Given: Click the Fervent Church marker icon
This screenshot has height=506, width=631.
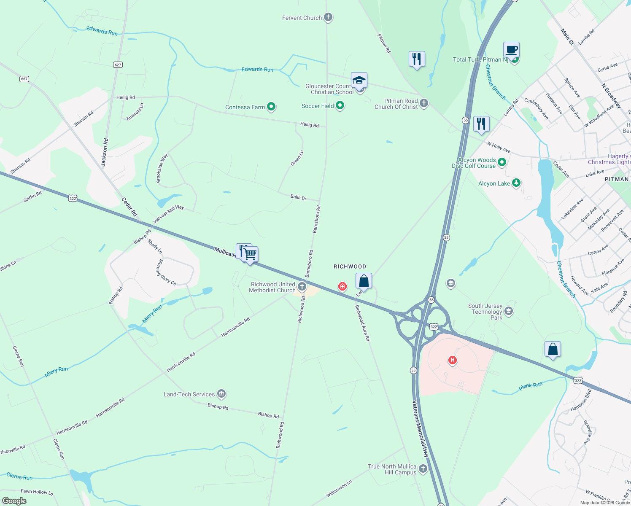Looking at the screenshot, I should point(328,18).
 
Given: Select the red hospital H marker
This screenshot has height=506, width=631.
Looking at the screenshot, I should point(453,360).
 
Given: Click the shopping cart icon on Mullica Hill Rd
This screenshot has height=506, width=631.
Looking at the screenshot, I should point(250,254).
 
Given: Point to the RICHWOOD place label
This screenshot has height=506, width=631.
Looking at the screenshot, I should point(350,266).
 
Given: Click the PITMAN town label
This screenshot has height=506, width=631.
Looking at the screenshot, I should point(617,179).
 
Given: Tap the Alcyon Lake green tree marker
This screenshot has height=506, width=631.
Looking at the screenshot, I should point(516,183).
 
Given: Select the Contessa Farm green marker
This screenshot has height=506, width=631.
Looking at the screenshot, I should point(271,107).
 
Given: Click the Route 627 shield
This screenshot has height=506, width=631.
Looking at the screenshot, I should point(118,65).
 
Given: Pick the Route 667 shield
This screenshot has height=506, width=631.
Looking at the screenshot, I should point(24,79).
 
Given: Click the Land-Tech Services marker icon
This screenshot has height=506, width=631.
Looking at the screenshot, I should point(221,394).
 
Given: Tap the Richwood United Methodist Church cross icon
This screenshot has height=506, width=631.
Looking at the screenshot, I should point(302,287).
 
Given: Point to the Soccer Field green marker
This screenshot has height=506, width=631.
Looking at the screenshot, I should point(340,105).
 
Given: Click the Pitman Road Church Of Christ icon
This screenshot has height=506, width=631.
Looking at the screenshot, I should point(424,103).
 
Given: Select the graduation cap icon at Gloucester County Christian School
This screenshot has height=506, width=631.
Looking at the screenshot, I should point(359,80).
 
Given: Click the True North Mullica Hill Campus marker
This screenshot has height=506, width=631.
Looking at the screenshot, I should point(423,469).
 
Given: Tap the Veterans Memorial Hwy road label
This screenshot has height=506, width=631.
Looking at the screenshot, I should point(420,428).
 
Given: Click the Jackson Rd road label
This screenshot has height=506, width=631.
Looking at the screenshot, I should point(105,152).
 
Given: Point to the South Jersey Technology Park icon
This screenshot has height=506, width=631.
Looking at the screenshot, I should point(509,312).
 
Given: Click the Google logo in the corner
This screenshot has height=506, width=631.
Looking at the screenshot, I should point(14,501).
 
